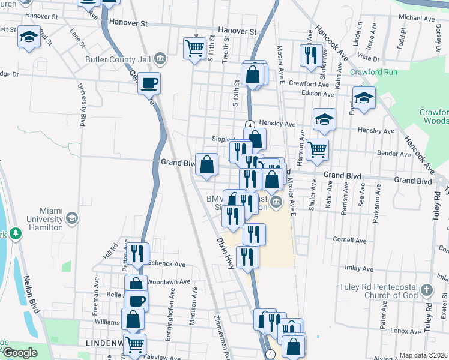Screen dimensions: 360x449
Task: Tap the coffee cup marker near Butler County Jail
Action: point(149,83)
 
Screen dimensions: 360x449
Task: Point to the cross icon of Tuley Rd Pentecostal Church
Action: point(426,290)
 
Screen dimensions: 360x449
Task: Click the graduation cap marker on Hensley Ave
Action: point(324,119)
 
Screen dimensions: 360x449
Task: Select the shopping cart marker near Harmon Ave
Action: point(317,150)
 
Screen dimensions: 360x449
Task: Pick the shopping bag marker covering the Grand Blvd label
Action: point(207,164)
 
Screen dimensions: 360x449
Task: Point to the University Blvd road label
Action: point(80,104)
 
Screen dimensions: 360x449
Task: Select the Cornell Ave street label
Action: point(349,239)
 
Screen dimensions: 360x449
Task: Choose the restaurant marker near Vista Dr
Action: point(309,56)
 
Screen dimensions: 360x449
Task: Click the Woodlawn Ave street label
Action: point(169,281)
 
